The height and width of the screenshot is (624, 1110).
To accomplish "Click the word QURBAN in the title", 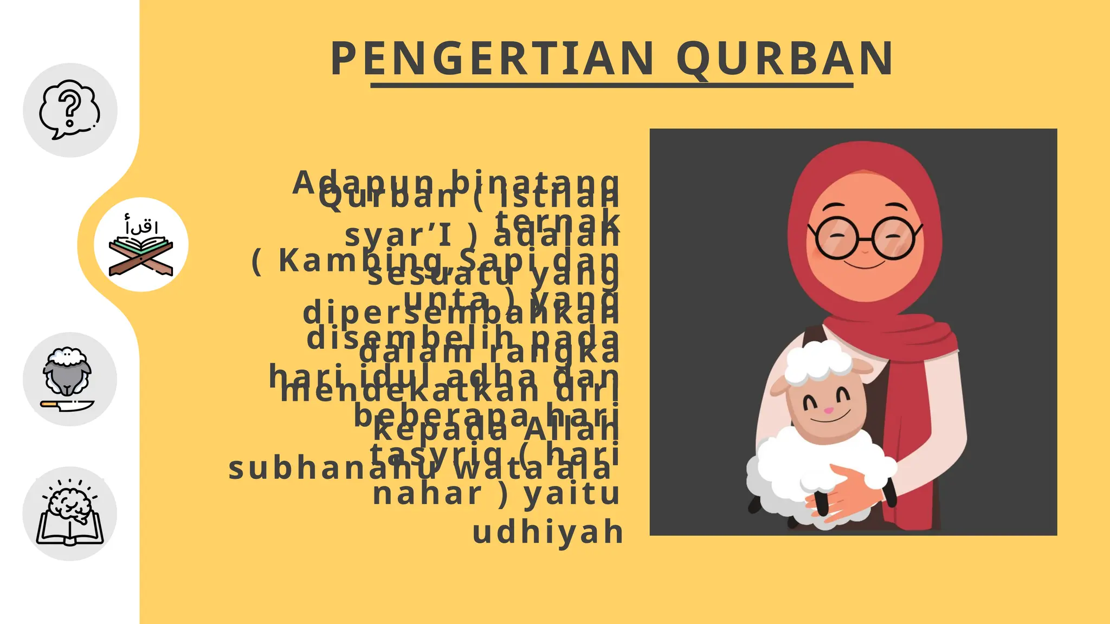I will coord(785,58).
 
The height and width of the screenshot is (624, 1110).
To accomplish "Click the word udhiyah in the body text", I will coord(548,532).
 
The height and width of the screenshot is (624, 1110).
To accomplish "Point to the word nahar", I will coord(427,494).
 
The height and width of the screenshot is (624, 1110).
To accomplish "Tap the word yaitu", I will coord(572,494).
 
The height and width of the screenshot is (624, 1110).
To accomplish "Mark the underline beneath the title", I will coord(611,86).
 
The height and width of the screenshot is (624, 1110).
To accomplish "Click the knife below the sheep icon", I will coord(67,405).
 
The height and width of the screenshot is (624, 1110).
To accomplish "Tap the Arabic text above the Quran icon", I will coord(141,225).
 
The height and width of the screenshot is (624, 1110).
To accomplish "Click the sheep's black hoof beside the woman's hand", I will coord(822,504).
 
